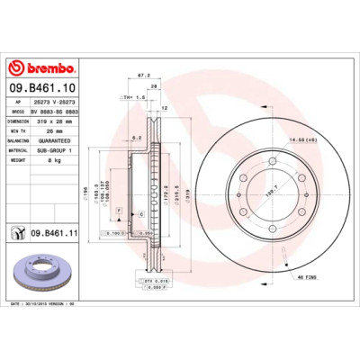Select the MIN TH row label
(x=20, y=130)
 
